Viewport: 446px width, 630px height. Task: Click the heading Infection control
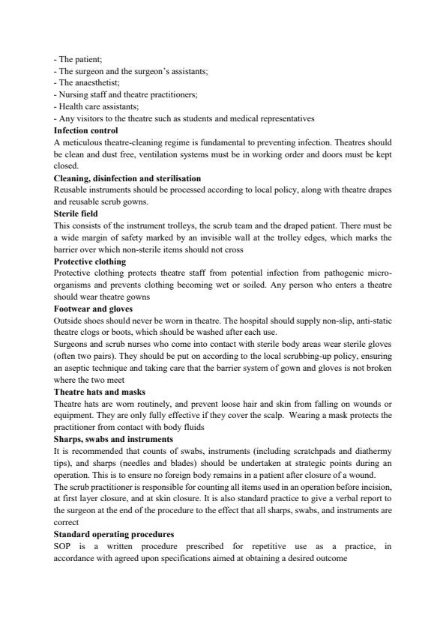(86, 130)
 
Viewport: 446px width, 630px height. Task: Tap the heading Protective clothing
(90, 261)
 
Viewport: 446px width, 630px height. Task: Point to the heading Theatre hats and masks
(100, 391)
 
